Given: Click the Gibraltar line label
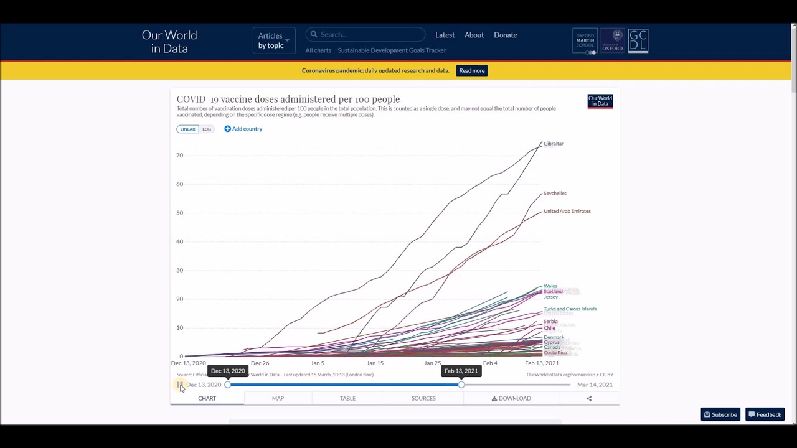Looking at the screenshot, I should pos(553,144).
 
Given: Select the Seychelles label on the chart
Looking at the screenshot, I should pos(555,193).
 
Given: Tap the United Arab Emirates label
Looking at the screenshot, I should pos(567,211).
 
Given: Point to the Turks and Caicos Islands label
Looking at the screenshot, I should pos(570,309).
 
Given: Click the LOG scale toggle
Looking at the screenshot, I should pos(207,129).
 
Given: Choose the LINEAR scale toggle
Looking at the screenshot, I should pos(187,129).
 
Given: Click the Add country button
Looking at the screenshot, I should pos(243,129).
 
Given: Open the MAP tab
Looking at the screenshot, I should pos(278,398).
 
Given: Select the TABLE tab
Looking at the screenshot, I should pos(347,398).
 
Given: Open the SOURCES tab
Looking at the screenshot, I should pos(423,398).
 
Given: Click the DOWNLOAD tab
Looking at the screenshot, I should pos(511,398).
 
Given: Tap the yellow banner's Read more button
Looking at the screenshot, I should pos(471,70).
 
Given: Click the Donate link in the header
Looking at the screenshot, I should pos(505,35).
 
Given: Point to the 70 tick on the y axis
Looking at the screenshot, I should pos(179,155).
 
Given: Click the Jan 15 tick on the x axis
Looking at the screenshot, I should pos(375,363).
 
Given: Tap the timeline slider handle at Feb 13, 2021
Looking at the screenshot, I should pos(461,385).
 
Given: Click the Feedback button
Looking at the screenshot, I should pos(765,414).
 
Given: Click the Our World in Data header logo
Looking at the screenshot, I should pos(169,42).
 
